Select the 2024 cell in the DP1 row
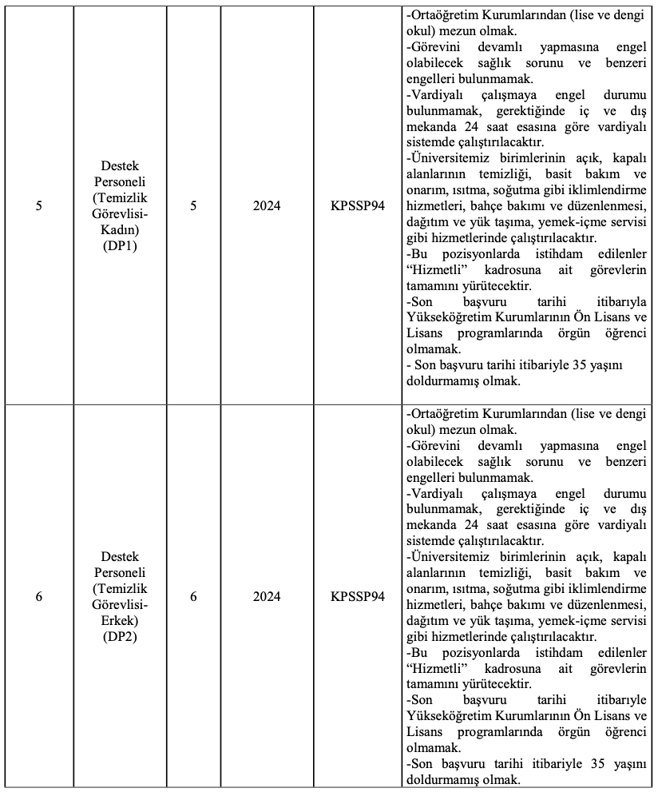[267, 205]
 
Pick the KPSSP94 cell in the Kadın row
[358, 205]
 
